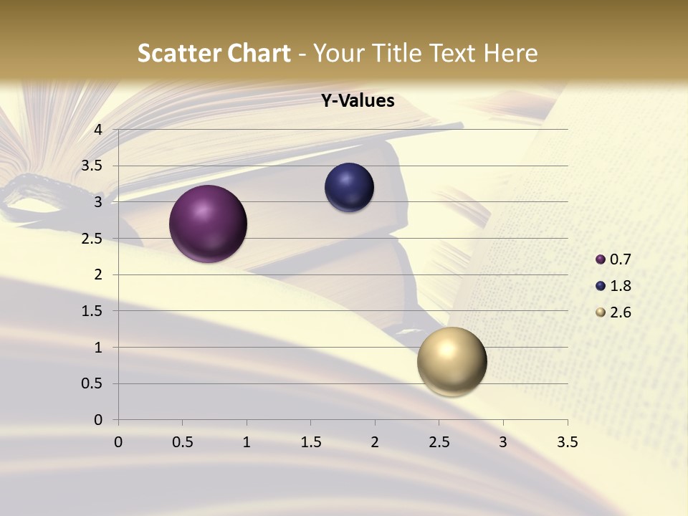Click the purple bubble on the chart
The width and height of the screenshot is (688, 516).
click(x=209, y=224)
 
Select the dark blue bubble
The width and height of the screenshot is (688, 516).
click(x=349, y=187)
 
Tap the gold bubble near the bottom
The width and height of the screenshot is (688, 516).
click(x=451, y=361)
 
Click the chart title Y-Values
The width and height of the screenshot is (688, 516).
click(x=357, y=101)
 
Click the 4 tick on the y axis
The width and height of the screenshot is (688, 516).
click(x=99, y=130)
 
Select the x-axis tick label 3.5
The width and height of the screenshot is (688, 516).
click(x=567, y=442)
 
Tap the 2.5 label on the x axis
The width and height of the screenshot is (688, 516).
click(x=439, y=442)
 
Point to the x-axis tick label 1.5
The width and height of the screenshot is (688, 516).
click(x=310, y=442)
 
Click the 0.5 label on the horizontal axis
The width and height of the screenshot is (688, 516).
click(x=182, y=442)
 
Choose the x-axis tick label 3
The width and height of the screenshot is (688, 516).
click(x=503, y=442)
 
